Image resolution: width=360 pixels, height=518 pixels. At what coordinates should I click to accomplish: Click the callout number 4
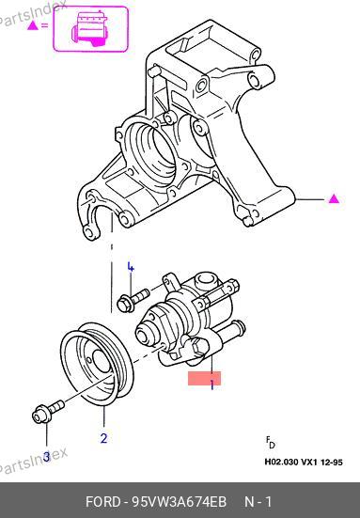click(x=131, y=267)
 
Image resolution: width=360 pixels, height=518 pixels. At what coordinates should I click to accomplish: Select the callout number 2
click(x=103, y=438)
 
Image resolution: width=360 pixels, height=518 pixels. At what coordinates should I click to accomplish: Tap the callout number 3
click(x=47, y=457)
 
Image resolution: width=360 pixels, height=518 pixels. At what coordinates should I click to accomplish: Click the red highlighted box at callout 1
click(x=205, y=378)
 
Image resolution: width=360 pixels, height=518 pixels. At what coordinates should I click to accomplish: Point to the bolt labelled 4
click(x=133, y=300)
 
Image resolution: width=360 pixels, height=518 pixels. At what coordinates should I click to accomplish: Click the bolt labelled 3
click(x=48, y=411)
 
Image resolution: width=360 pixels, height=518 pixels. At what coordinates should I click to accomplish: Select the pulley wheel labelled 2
click(x=97, y=365)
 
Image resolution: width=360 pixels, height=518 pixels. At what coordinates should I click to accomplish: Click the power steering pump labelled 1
click(x=191, y=320)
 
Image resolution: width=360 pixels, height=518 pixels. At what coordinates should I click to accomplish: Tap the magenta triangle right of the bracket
click(x=334, y=199)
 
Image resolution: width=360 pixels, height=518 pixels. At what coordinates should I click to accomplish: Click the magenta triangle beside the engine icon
click(x=33, y=25)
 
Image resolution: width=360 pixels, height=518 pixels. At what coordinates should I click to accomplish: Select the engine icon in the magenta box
click(x=89, y=29)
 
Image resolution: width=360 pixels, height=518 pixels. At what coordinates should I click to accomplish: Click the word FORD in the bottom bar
click(x=103, y=502)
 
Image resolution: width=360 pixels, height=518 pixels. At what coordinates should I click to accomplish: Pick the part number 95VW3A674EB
click(x=180, y=502)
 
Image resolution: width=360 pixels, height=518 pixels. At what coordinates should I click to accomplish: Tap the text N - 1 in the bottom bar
click(x=258, y=502)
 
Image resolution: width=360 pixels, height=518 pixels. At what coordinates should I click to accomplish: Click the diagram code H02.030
click(x=281, y=462)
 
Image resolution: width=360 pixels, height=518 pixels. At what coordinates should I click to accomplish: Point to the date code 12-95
click(x=331, y=462)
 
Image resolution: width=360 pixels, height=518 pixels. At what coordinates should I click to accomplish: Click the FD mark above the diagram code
click(x=270, y=442)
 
